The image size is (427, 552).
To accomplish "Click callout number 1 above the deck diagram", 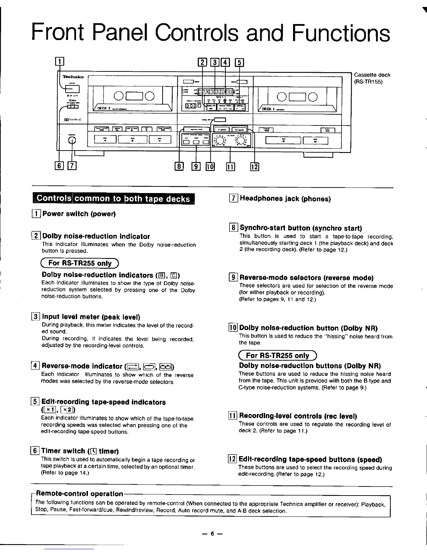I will tap(60, 63).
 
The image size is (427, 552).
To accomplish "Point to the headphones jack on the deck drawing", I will tap(72, 140).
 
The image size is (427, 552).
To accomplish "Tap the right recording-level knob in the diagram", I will tap(241, 140).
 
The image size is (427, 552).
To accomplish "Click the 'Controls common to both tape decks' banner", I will tap(113, 199).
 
